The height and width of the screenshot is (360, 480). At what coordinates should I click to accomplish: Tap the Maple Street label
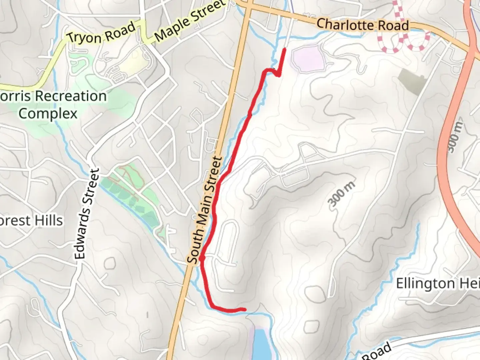[x=190, y=21]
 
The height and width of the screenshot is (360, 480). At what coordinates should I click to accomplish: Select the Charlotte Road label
[x=362, y=25]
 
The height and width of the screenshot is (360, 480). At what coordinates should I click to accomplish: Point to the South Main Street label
[x=204, y=210]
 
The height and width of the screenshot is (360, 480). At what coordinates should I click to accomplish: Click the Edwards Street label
[x=87, y=214]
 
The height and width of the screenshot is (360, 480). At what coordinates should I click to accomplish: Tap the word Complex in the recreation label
[x=48, y=114]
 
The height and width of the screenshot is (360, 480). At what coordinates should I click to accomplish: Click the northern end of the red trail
[x=285, y=49]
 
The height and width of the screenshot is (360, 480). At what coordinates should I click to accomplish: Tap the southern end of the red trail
[x=245, y=309]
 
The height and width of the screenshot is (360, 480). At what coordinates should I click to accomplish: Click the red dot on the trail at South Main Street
[x=202, y=258]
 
